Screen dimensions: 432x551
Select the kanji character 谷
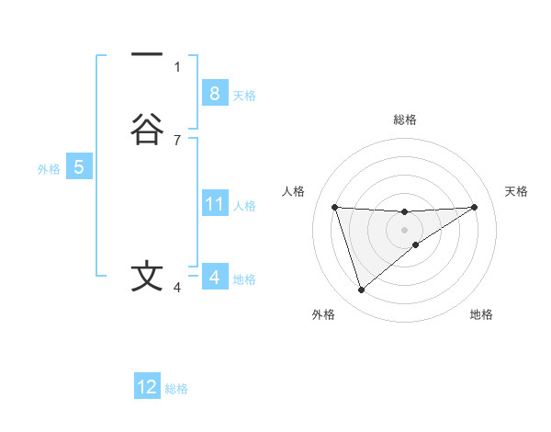pyautogui.click(x=147, y=129)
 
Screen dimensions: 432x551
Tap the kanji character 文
pyautogui.click(x=147, y=277)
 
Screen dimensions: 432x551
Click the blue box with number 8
pyautogui.click(x=214, y=93)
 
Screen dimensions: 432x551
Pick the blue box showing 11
pyautogui.click(x=214, y=204)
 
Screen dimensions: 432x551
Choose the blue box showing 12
pyautogui.click(x=147, y=387)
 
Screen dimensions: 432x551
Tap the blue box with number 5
pyautogui.click(x=79, y=167)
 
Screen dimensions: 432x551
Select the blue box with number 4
pyautogui.click(x=214, y=278)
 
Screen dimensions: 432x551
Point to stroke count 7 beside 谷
pyautogui.click(x=177, y=140)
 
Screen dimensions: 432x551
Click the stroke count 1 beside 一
pyautogui.click(x=177, y=66)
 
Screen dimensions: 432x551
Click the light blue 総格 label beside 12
pyautogui.click(x=176, y=389)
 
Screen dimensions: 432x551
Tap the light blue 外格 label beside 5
pyautogui.click(x=48, y=169)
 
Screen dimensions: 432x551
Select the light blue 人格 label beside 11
pyautogui.click(x=245, y=206)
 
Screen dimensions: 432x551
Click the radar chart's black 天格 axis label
pyautogui.click(x=517, y=191)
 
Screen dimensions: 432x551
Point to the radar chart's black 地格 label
pyautogui.click(x=481, y=314)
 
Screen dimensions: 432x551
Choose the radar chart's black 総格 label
pyautogui.click(x=405, y=119)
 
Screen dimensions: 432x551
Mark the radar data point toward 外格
pyautogui.click(x=361, y=290)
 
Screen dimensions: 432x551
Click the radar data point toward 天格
pyautogui.click(x=474, y=207)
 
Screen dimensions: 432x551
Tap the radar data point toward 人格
pyautogui.click(x=335, y=207)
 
